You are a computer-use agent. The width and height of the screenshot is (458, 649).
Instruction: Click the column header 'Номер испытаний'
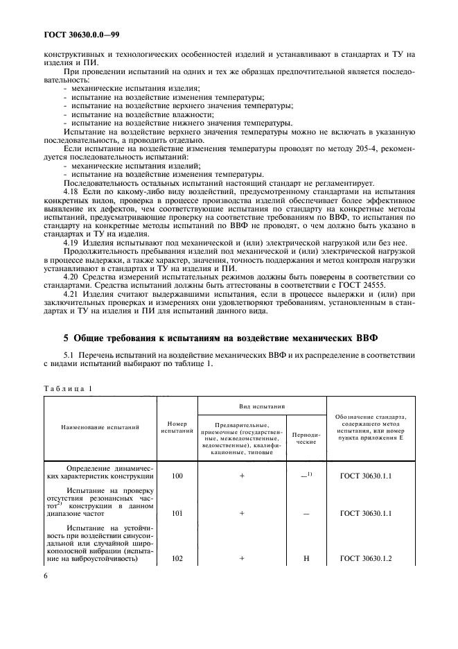coord(177,427)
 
